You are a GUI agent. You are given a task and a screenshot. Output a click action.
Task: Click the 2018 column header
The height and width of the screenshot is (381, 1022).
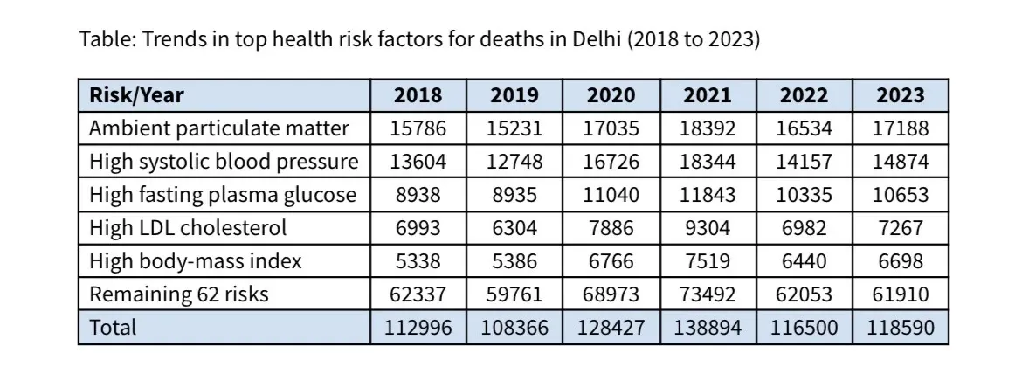pos(418,95)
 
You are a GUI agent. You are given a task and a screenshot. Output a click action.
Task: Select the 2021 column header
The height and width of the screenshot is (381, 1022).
pos(707,95)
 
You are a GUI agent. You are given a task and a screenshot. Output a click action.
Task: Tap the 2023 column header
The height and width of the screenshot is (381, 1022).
pos(900,95)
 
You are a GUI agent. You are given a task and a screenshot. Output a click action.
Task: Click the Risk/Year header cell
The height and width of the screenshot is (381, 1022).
pos(137,95)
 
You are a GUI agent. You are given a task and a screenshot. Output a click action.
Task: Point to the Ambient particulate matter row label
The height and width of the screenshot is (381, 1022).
pos(219,128)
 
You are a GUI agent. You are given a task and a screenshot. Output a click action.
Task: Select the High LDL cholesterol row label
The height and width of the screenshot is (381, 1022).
pos(188,228)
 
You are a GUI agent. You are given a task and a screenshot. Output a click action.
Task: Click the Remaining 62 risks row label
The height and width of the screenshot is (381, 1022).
pos(179,294)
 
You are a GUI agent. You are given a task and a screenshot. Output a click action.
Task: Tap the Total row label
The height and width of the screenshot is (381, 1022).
pos(113,328)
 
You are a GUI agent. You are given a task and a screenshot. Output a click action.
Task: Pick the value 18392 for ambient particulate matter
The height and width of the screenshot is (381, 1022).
pos(707,128)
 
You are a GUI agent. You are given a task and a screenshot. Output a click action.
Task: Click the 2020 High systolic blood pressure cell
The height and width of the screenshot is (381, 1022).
pos(611,162)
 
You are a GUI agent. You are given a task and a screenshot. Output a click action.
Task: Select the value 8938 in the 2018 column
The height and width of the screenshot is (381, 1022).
pos(418,195)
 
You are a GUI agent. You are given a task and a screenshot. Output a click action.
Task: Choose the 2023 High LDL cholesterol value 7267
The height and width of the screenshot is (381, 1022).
pos(900,228)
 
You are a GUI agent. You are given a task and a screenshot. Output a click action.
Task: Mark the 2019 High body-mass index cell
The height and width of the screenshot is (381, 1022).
pos(514,261)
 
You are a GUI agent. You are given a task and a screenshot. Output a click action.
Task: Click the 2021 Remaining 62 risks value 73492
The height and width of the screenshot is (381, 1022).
pos(707,294)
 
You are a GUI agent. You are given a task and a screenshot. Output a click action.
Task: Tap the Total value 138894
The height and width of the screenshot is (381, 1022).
pos(707,328)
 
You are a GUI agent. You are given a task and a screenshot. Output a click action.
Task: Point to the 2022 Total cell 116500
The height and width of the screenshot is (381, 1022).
pos(804,328)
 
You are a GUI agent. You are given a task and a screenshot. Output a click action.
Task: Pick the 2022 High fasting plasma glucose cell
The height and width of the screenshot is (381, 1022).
pos(804,195)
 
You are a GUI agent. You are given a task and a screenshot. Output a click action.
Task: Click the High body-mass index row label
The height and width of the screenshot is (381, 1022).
pos(196,261)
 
